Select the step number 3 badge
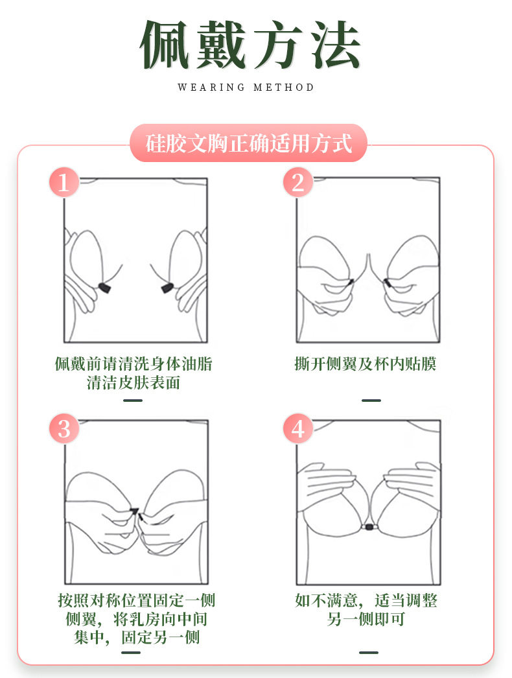tap(64, 428)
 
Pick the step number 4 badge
tap(297, 428)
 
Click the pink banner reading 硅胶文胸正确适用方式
tap(249, 143)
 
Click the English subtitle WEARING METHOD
tap(246, 88)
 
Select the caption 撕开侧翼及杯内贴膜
tap(366, 364)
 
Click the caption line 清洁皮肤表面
tap(133, 383)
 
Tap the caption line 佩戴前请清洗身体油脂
tap(133, 364)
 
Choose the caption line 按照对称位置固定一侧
tap(136, 600)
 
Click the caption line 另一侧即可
tap(366, 619)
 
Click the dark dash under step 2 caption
tap(371, 401)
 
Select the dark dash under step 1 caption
tap(132, 401)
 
